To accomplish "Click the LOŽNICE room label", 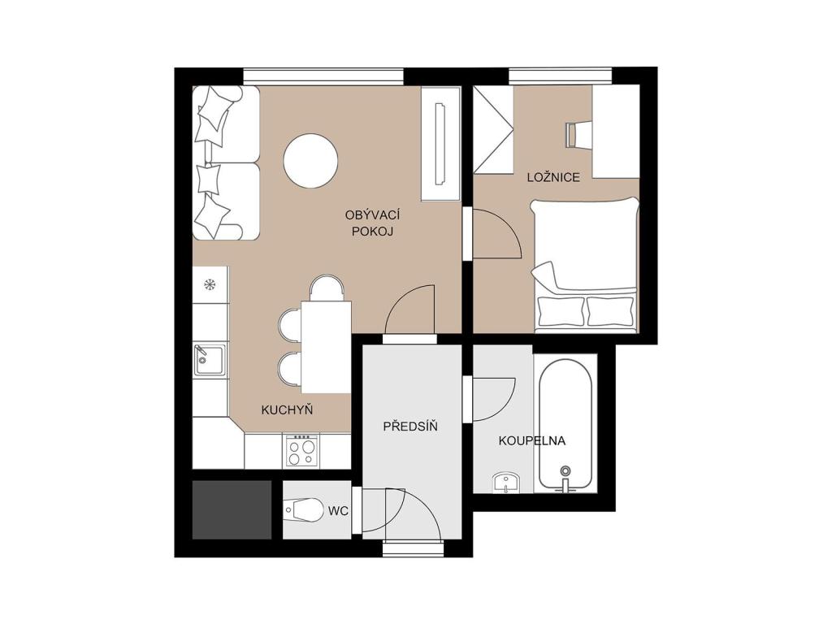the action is coord(553,176).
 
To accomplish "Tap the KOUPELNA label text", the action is coord(531,440).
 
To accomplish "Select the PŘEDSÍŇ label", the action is coord(410,426).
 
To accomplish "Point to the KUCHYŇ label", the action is coord(287,409).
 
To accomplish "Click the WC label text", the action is coord(338,511).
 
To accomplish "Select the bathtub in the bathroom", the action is coord(565,425).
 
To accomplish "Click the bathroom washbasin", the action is coord(507,483).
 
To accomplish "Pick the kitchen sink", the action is coord(210,359).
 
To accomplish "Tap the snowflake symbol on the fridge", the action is coord(210,285).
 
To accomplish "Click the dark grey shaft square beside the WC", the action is coord(232,510).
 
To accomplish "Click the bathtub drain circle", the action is coord(565,470).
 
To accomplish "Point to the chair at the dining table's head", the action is coord(327,288).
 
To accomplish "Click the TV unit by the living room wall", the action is coord(440,144).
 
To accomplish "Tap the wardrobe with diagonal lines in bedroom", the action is coord(493,129).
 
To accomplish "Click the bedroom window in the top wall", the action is coord(561,76).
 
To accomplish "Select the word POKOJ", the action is coord(372,232).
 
